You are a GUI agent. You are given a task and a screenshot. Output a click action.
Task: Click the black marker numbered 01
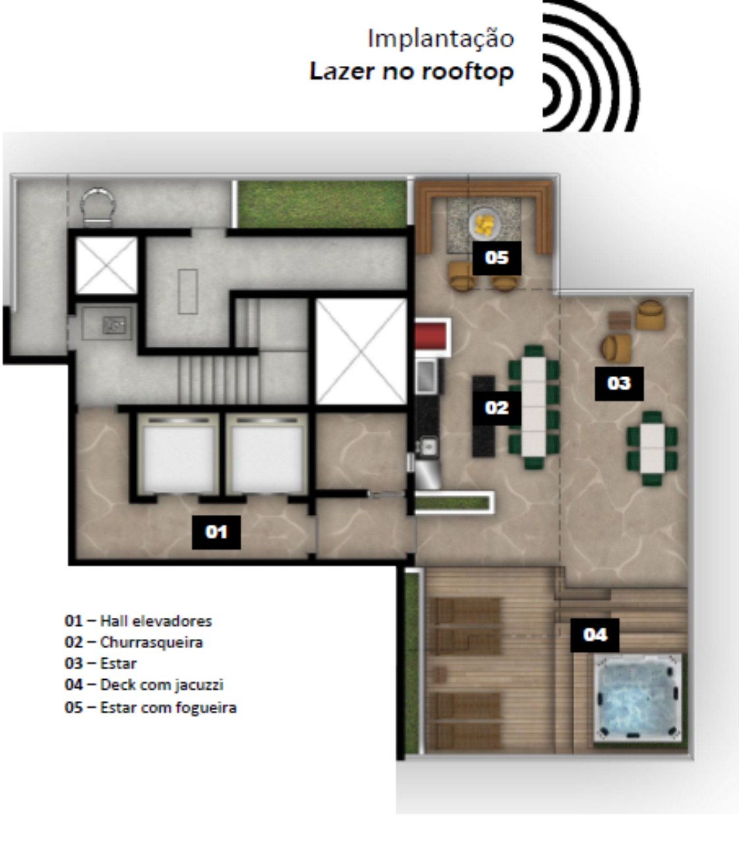(216, 531)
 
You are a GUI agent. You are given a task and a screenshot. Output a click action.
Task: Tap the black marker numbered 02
(496, 407)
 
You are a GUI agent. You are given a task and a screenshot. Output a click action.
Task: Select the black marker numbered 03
(619, 383)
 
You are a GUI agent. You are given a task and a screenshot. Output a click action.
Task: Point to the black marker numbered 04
(594, 634)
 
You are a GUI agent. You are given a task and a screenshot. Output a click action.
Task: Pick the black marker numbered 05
(496, 257)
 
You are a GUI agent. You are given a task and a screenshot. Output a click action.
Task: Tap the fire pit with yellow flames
(485, 226)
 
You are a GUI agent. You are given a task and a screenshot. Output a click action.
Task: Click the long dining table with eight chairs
(534, 407)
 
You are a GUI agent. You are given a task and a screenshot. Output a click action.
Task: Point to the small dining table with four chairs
(653, 447)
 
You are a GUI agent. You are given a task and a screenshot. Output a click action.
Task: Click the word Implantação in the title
(440, 38)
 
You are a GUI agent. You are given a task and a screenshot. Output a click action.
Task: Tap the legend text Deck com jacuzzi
(162, 685)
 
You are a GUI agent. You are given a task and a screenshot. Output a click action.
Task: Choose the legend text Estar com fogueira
(168, 708)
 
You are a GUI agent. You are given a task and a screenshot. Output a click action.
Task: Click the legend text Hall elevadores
(156, 620)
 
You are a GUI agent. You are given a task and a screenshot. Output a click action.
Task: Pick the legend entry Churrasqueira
(151, 642)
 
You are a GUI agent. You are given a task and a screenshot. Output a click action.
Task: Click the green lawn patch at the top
(322, 204)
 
